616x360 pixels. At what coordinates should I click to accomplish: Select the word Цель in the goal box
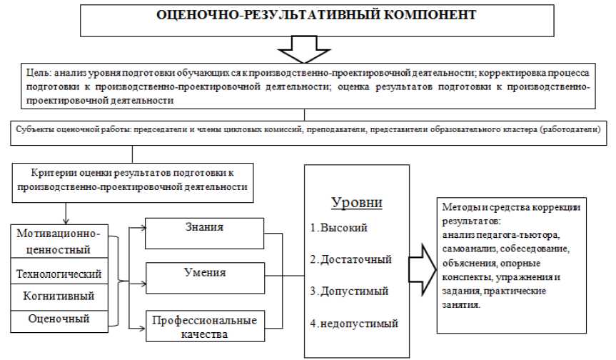tap(36, 74)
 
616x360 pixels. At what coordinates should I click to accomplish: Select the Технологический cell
tap(64, 274)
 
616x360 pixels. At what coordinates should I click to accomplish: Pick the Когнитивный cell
tap(64, 296)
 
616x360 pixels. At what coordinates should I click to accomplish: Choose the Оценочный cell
tap(64, 319)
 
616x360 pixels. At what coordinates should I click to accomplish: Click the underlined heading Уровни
tap(357, 202)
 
